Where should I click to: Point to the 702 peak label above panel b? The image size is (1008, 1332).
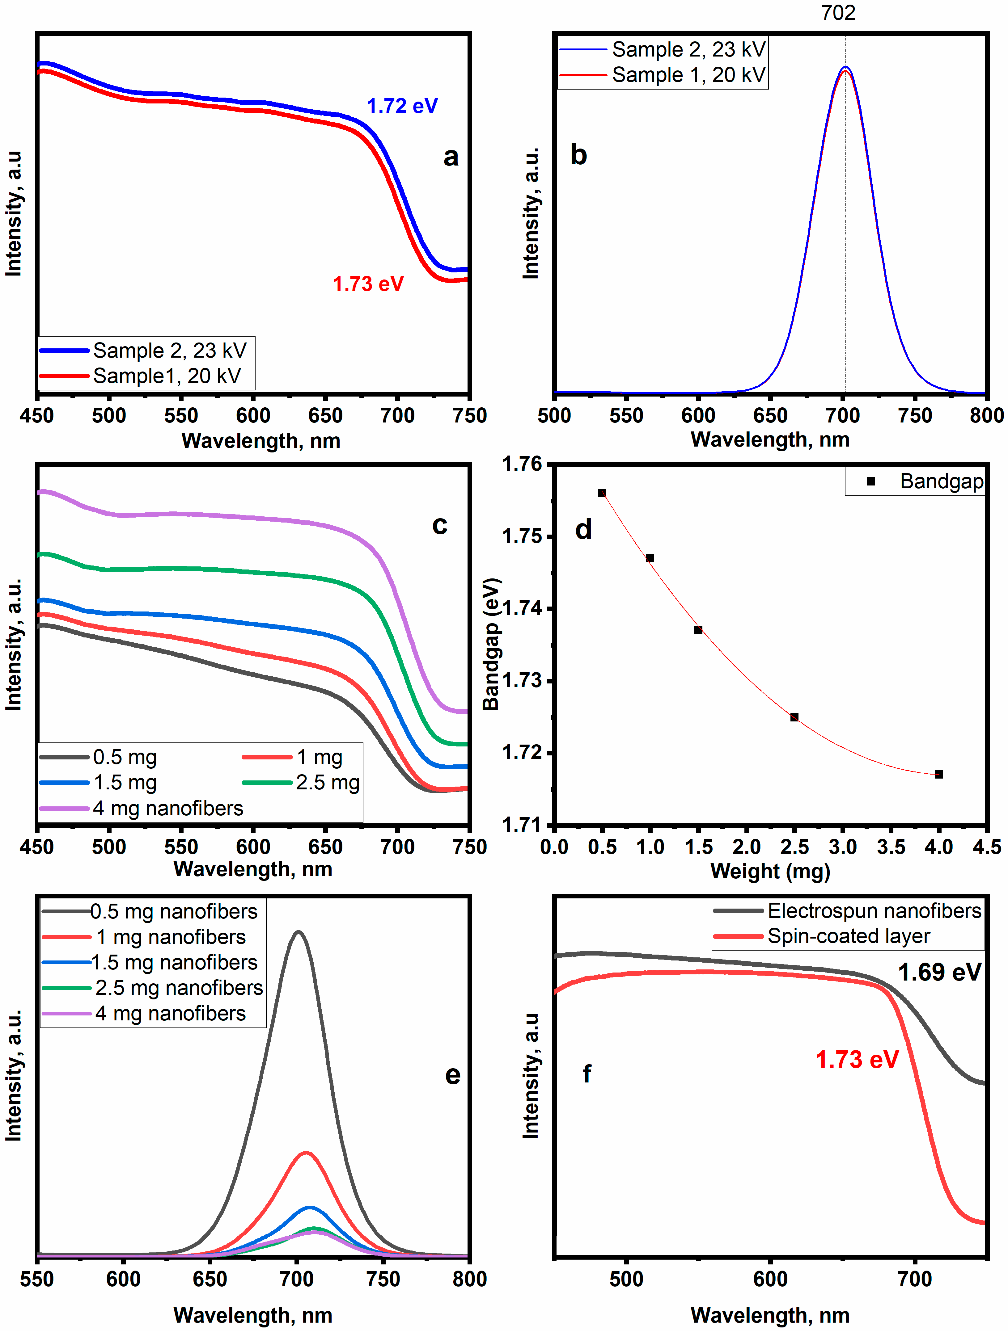tap(838, 13)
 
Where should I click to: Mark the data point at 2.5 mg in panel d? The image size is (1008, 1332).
tap(794, 717)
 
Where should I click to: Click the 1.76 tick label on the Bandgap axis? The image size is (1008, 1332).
tap(522, 464)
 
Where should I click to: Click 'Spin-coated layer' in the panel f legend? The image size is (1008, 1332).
tap(848, 936)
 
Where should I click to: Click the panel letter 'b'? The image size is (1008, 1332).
tap(578, 155)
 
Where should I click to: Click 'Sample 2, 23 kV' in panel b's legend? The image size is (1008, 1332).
tap(688, 49)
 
